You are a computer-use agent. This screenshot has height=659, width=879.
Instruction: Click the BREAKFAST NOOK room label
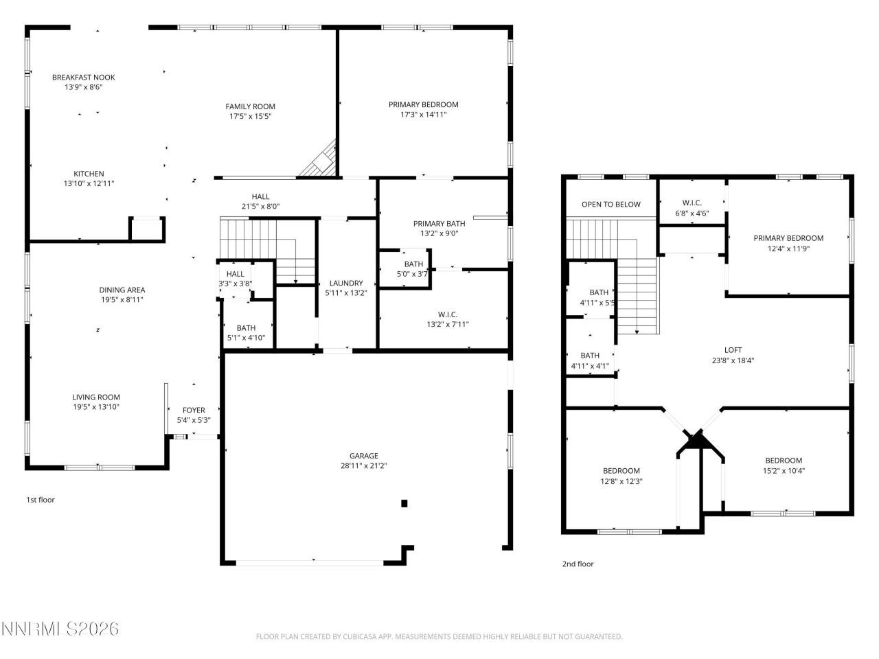pos(83,78)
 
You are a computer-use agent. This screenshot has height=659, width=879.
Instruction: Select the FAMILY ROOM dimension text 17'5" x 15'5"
pos(250,117)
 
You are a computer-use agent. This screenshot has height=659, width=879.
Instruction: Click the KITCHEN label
pos(89,174)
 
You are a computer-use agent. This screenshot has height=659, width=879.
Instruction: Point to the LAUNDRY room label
pos(346,283)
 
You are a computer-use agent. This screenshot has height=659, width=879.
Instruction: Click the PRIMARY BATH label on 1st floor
pos(439,223)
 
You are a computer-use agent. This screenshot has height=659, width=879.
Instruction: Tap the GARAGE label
pos(363,455)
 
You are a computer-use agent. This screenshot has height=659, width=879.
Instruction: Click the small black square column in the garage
pos(404,503)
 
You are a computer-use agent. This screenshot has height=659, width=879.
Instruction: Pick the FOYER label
pos(193,410)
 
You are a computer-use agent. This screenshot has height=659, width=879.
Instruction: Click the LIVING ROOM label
pos(96,397)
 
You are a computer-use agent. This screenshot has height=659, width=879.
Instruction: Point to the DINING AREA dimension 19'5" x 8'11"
pos(122,300)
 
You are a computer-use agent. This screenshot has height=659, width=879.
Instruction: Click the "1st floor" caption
pos(40,500)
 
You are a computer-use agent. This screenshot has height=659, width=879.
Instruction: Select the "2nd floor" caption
pos(578,564)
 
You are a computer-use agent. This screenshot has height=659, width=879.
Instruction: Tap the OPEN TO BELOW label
pos(610,204)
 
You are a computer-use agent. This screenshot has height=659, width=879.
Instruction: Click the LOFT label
pos(733,349)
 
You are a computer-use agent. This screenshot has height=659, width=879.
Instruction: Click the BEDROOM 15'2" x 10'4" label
pos(783,460)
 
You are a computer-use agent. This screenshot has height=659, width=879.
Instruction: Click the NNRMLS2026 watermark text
pos(60,629)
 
